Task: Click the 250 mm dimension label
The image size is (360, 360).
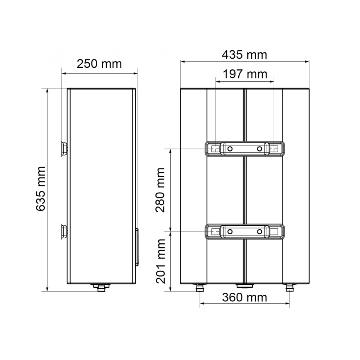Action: pos(99,64)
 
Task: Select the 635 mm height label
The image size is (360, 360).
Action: pos(41,189)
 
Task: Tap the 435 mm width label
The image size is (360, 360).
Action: pos(244,55)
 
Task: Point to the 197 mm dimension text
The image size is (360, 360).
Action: pos(245,74)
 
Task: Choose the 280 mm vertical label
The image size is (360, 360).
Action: pos(160,190)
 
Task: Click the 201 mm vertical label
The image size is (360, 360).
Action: pos(160,261)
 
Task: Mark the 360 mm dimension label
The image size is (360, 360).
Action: pos(244,298)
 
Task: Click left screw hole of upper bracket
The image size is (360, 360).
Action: pos(230,149)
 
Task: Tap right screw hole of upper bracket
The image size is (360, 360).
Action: pos(260,149)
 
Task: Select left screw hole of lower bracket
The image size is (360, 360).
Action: pos(230,231)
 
